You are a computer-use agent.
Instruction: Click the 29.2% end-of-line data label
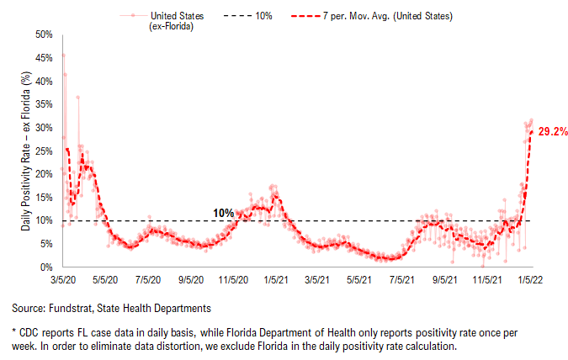[x=552, y=132]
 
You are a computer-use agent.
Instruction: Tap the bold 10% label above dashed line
[x=223, y=213]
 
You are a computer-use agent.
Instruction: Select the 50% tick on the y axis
[x=44, y=34]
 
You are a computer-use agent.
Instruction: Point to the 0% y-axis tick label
[x=46, y=267]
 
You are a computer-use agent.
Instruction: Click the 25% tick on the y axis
[x=44, y=151]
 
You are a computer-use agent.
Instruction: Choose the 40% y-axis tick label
[x=44, y=81]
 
